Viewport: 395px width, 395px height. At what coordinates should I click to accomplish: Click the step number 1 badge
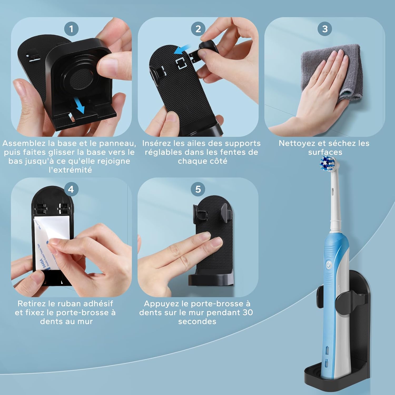pyautogui.click(x=71, y=29)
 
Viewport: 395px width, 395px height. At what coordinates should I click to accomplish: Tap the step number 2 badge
pyautogui.click(x=198, y=29)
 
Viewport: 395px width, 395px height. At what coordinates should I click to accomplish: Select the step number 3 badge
pyautogui.click(x=325, y=29)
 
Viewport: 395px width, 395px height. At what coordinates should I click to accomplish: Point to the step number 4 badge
pyautogui.click(x=71, y=189)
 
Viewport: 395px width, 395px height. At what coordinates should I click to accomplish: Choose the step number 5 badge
pyautogui.click(x=198, y=189)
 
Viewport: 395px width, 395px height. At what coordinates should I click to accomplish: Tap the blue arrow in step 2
pyautogui.click(x=182, y=49)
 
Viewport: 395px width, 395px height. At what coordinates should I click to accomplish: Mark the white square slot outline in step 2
pyautogui.click(x=181, y=63)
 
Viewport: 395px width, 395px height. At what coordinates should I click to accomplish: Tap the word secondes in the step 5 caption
pyautogui.click(x=197, y=322)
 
